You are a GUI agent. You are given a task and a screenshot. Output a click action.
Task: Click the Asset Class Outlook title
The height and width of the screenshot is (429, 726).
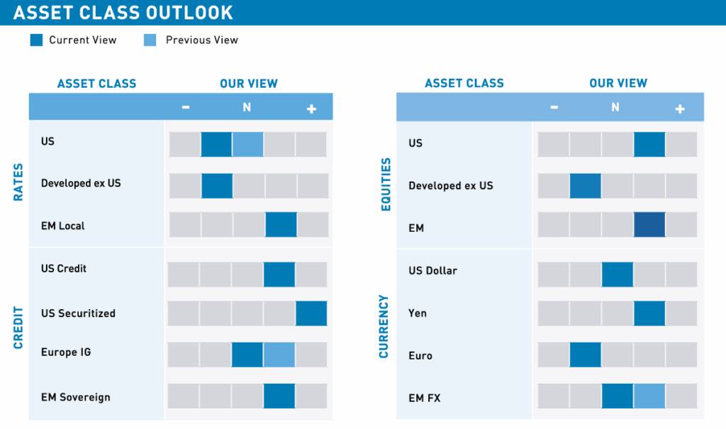click(x=123, y=13)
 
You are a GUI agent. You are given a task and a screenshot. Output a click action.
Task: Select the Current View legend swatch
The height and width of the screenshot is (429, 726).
click(x=37, y=40)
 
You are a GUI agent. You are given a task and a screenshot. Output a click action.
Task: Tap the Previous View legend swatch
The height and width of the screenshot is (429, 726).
click(x=150, y=40)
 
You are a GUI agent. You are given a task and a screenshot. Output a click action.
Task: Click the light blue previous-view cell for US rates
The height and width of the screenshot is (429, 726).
click(x=248, y=144)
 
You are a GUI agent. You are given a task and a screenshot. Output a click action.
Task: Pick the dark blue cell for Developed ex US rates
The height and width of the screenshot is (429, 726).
click(x=217, y=186)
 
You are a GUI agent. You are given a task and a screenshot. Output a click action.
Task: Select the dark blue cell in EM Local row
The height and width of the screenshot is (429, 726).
click(x=281, y=224)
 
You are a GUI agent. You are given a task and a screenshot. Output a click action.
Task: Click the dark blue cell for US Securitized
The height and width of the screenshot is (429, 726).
click(x=311, y=313)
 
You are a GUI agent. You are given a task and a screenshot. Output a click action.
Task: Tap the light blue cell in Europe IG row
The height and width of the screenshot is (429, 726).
click(x=279, y=355)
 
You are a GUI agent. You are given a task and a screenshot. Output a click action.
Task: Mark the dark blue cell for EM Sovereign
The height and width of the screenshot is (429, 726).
click(x=279, y=396)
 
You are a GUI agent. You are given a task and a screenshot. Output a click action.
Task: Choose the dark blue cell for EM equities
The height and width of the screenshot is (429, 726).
click(x=649, y=224)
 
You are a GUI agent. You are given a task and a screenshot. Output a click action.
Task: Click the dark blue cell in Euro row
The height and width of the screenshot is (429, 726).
click(x=586, y=355)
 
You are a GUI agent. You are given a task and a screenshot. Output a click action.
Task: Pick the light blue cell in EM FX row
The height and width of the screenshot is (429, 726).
click(x=649, y=396)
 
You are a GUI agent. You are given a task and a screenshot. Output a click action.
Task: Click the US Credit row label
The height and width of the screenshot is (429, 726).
click(x=65, y=269)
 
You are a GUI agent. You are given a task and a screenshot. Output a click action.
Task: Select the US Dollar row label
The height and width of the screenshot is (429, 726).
click(x=432, y=271)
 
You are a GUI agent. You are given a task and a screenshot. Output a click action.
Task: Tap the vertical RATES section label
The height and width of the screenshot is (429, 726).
click(x=18, y=182)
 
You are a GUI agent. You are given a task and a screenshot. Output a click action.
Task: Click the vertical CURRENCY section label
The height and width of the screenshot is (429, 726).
click(x=384, y=326)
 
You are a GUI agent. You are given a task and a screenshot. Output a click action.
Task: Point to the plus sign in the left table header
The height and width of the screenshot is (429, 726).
click(x=311, y=108)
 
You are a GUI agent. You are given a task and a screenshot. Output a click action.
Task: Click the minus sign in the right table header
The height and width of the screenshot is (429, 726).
click(x=554, y=108)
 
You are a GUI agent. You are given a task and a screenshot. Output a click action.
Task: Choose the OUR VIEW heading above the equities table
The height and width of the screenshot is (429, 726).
click(x=618, y=84)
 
